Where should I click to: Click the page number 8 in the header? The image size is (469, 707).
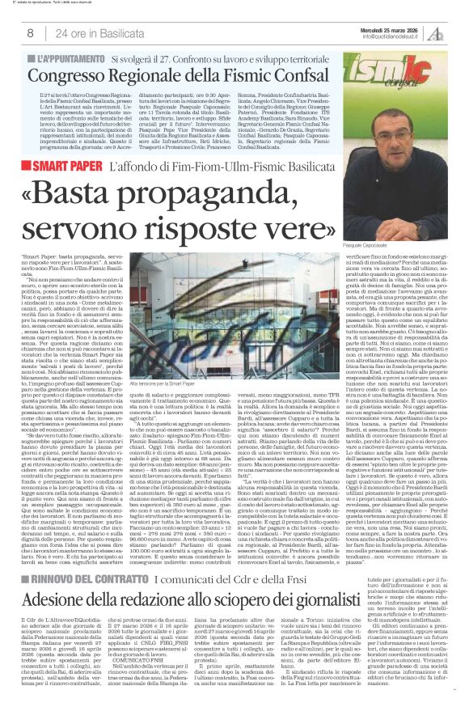(30, 33)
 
